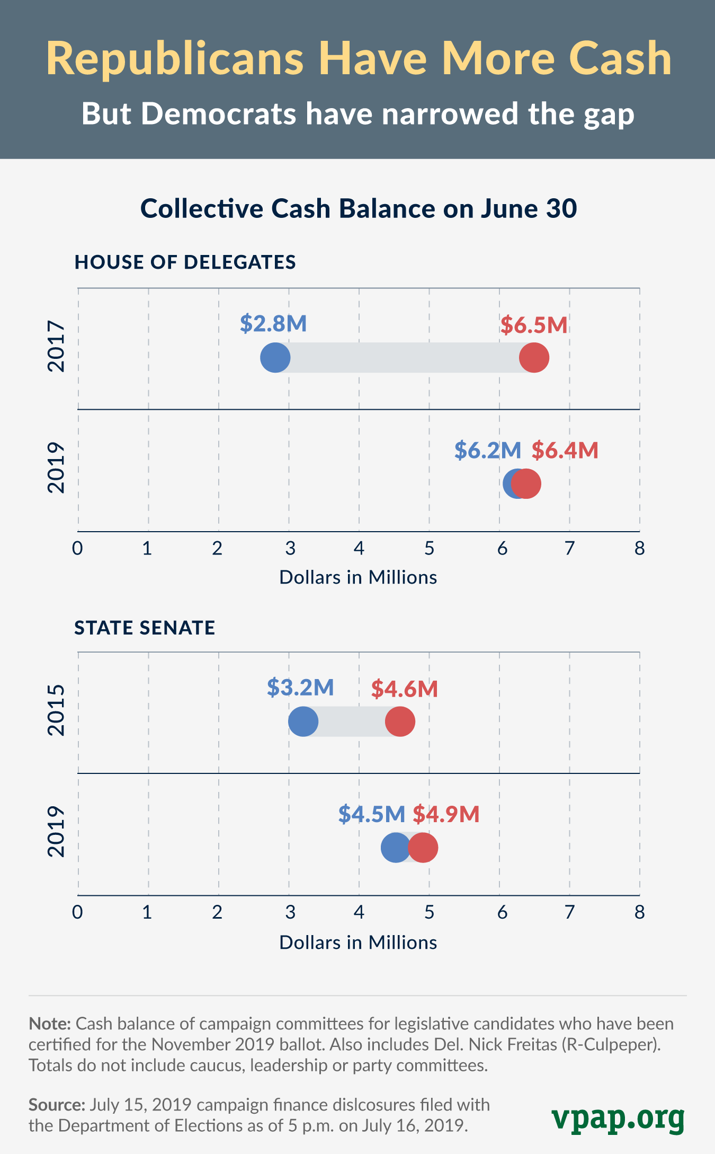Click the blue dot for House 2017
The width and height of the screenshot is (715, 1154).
(275, 358)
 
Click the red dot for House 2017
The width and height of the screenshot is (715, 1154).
(534, 358)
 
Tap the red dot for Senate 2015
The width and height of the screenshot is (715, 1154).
(400, 721)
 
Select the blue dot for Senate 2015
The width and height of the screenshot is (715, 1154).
(303, 721)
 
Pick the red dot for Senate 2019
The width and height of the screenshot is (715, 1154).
(423, 848)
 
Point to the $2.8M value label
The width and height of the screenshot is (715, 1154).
(273, 323)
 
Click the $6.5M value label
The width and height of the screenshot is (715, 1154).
(534, 325)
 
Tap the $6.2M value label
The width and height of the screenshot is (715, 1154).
(488, 450)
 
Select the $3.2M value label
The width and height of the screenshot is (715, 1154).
(300, 687)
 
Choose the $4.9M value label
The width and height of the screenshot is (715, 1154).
(446, 814)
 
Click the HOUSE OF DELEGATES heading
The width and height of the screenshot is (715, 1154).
(185, 262)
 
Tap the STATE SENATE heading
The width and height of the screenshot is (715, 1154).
(145, 628)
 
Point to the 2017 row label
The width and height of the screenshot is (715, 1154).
(56, 346)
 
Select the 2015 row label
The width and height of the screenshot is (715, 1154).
(56, 710)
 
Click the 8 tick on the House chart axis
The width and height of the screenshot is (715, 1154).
(639, 548)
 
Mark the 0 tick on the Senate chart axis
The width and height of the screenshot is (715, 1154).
(78, 912)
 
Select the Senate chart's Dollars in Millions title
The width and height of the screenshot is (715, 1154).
(358, 942)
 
